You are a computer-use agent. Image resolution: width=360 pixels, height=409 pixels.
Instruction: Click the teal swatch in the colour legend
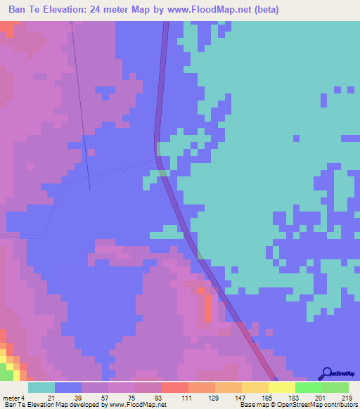coord(41,387)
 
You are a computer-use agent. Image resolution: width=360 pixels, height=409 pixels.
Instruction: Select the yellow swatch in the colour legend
coord(282,387)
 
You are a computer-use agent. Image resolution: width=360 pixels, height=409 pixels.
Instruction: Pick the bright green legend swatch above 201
coord(309,387)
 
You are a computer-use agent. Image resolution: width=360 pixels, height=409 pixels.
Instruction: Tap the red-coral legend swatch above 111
coord(175,387)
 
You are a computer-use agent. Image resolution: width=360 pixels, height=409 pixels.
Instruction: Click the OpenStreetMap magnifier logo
coord(326,374)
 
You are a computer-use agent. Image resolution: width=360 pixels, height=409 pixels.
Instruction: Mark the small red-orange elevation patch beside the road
coord(207,307)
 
